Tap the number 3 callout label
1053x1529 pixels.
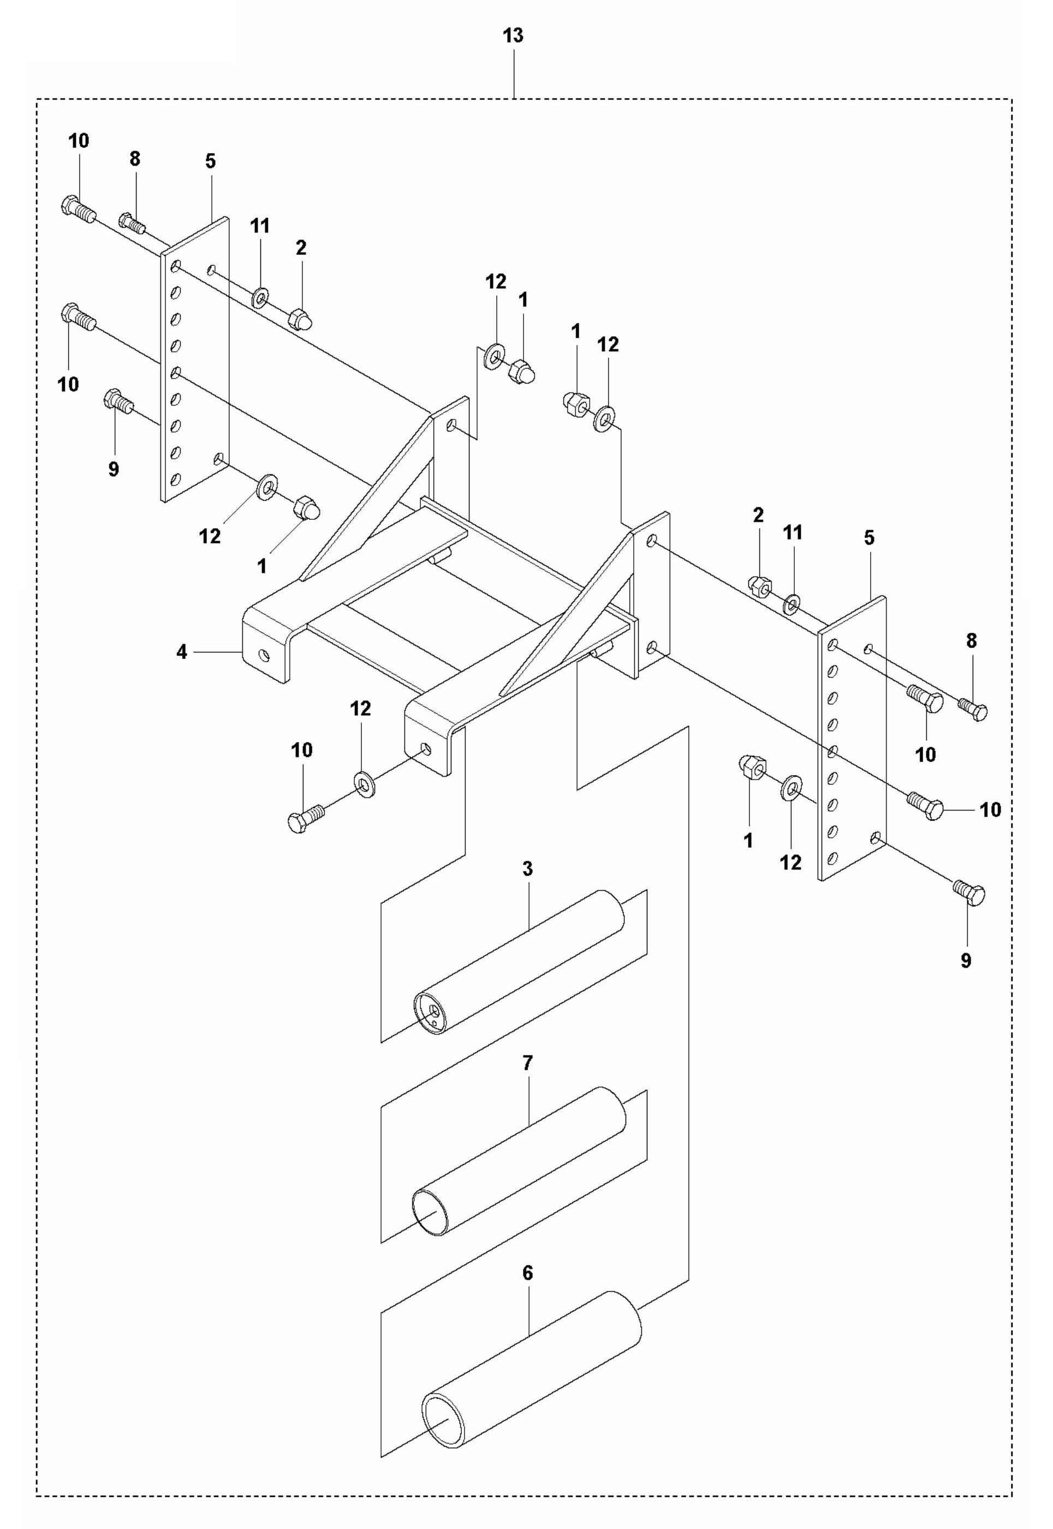[527, 869]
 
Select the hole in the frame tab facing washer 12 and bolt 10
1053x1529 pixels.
[427, 749]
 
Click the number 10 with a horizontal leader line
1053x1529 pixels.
[990, 809]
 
